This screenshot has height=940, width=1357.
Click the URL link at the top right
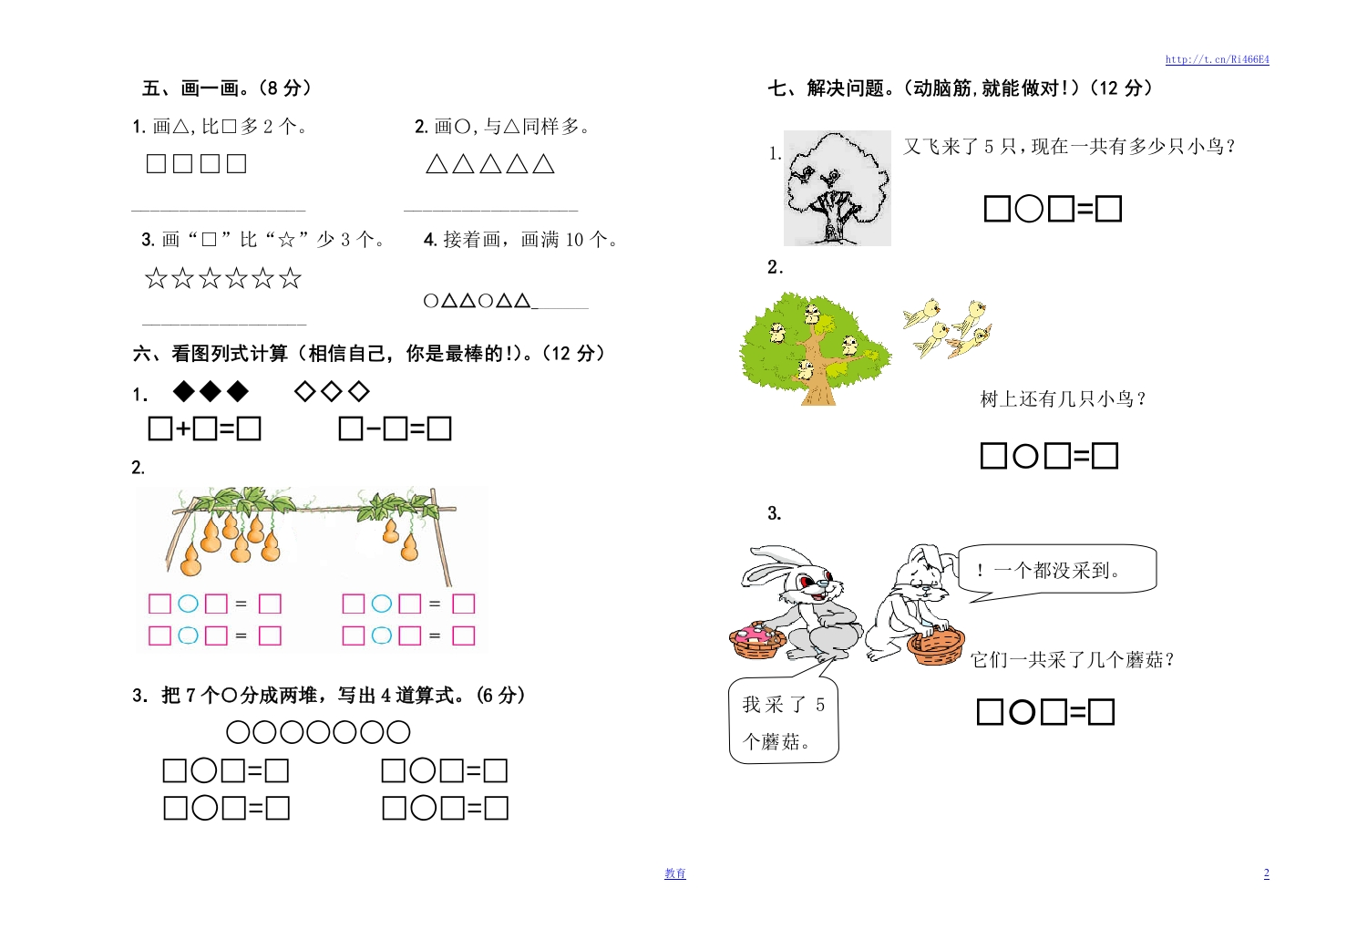point(1217,59)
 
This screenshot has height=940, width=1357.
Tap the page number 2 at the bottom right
point(1266,873)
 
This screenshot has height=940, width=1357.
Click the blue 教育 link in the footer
point(675,873)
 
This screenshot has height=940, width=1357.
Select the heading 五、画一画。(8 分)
point(227,88)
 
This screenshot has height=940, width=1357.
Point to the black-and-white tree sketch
point(838,188)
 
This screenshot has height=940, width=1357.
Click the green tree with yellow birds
point(816,348)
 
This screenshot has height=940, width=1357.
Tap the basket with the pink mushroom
point(758,640)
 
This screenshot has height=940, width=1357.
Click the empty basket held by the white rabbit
point(935,646)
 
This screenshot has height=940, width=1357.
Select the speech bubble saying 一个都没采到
point(1056,573)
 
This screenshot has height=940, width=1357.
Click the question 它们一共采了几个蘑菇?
point(1073,659)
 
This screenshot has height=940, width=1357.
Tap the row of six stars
point(223,278)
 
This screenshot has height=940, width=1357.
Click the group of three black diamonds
point(211,391)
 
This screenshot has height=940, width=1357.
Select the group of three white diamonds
point(332,391)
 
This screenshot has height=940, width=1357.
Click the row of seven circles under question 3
point(318,732)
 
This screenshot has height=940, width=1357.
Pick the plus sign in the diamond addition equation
point(183,429)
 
